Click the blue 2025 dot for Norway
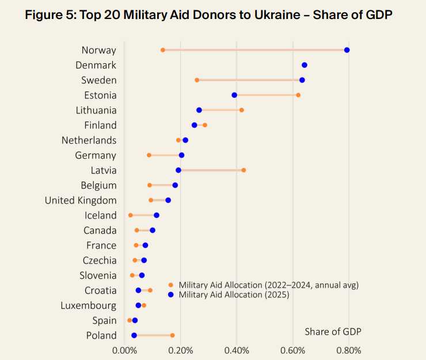pos(347,50)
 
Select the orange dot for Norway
pos(163,50)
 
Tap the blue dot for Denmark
pos(305,65)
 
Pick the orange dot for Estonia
pos(298,95)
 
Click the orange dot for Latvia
pos(244,170)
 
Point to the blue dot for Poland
pos(134,335)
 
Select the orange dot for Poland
pos(172,335)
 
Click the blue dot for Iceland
pos(157,215)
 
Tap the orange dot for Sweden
pos(197,80)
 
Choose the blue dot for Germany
pos(182,155)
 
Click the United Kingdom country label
pos(81,200)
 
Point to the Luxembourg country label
pos(88,305)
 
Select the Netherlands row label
pos(89,140)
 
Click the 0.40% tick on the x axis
pos(237,350)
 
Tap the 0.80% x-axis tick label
pos(349,350)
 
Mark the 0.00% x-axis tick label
pos(125,350)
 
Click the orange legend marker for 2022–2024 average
pos(170,285)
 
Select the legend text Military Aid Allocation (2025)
pos(234,294)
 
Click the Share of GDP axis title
pos(333,332)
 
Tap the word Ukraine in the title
pos(280,16)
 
